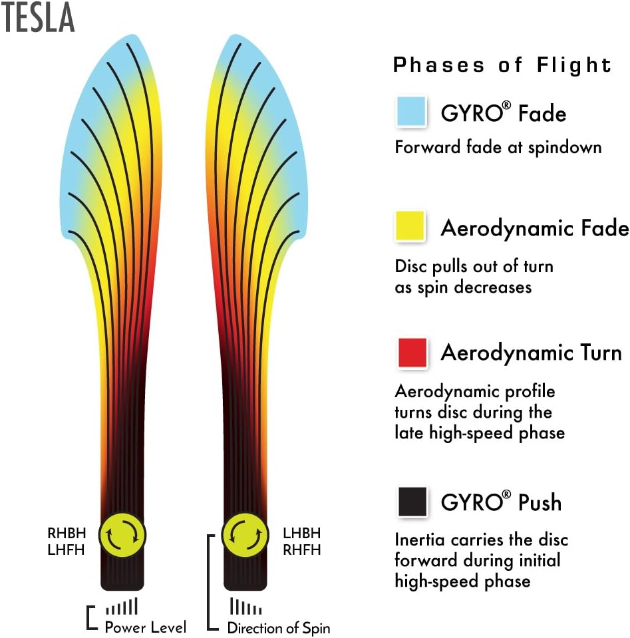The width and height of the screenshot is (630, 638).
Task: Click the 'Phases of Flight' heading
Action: pyautogui.click(x=502, y=65)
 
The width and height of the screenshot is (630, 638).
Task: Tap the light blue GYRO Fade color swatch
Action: pyautogui.click(x=410, y=112)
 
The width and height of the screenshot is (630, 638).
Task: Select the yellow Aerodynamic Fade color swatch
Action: pyautogui.click(x=410, y=227)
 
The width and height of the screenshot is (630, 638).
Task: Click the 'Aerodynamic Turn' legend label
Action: pyautogui.click(x=531, y=353)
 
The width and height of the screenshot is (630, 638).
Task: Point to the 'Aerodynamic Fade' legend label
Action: pyautogui.click(x=534, y=229)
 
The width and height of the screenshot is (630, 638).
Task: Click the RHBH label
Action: pyautogui.click(x=66, y=534)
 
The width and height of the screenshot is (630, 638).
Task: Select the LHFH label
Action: pyautogui.click(x=66, y=550)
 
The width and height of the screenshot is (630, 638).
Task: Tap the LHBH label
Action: pyautogui.click(x=301, y=534)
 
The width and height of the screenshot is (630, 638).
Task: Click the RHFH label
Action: pyautogui.click(x=301, y=550)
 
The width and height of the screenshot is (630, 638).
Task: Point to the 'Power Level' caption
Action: pyautogui.click(x=146, y=627)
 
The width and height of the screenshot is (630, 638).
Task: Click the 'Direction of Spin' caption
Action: pyautogui.click(x=278, y=627)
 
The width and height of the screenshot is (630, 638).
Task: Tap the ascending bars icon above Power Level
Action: pyautogui.click(x=122, y=606)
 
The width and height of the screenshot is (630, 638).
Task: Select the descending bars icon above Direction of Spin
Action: pyautogui.click(x=245, y=607)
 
